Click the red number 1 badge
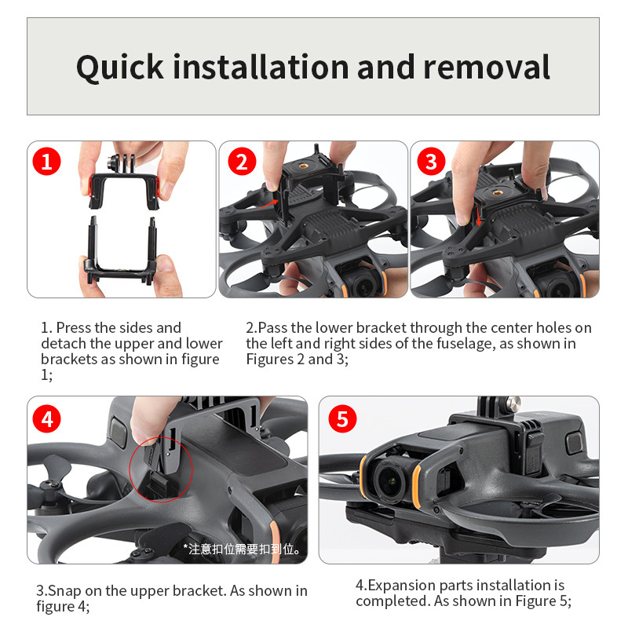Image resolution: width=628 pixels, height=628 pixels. click(x=46, y=162)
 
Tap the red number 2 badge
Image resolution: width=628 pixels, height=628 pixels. click(x=242, y=162)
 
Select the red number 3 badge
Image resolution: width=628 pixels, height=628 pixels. click(x=431, y=162)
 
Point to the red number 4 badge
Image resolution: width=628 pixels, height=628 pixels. click(x=47, y=419)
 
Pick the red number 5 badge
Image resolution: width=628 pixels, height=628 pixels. click(x=342, y=419)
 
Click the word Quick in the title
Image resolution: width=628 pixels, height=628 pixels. click(x=120, y=68)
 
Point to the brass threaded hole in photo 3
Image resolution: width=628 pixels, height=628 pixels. click(x=498, y=193)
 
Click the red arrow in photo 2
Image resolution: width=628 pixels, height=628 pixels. click(x=268, y=203)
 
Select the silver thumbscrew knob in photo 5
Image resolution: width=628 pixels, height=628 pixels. click(x=513, y=404)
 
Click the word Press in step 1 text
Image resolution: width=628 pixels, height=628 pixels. click(x=74, y=327)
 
